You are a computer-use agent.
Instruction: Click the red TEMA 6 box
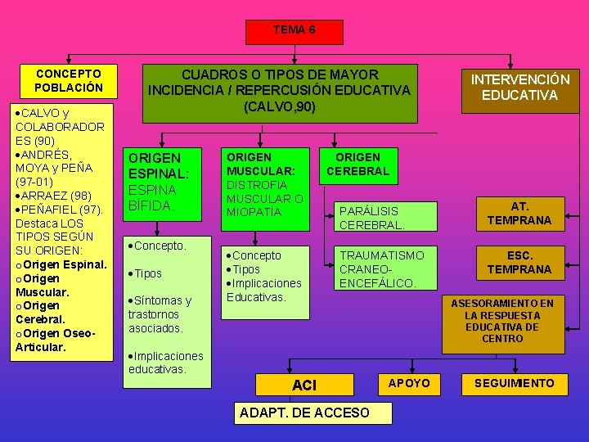tap(294, 30)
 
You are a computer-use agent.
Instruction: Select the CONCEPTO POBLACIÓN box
tap(69, 80)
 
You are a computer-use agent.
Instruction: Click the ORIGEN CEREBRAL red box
tap(357, 164)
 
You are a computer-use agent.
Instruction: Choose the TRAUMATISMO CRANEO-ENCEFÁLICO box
tap(382, 269)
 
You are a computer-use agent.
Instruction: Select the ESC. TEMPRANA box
tap(519, 263)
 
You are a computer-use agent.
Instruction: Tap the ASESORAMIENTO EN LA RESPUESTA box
tap(502, 321)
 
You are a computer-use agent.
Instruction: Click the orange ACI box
tap(304, 385)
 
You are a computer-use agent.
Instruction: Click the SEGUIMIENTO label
tap(514, 383)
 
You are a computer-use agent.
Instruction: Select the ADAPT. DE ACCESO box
tap(304, 413)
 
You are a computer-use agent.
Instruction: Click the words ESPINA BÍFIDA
tap(152, 197)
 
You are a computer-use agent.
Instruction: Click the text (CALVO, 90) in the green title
tap(279, 106)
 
